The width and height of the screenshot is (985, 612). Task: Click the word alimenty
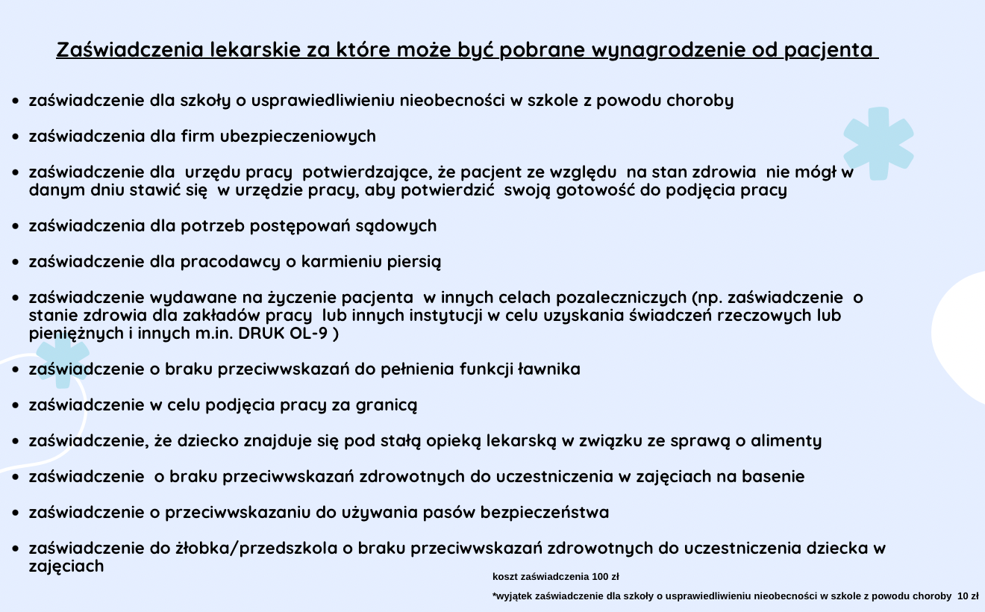pyautogui.click(x=786, y=441)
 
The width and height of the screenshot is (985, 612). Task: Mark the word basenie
pyautogui.click(x=773, y=477)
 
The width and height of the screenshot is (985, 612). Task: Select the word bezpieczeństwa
pyautogui.click(x=545, y=513)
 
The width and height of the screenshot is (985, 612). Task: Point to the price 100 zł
pyautogui.click(x=605, y=577)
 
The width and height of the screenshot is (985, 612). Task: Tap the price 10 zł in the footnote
pyautogui.click(x=968, y=596)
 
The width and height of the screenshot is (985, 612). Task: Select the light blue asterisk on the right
pyautogui.click(x=878, y=143)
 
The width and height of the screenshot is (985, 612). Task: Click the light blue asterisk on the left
pyautogui.click(x=62, y=360)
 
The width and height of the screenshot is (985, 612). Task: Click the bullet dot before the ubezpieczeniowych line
pyautogui.click(x=15, y=137)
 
